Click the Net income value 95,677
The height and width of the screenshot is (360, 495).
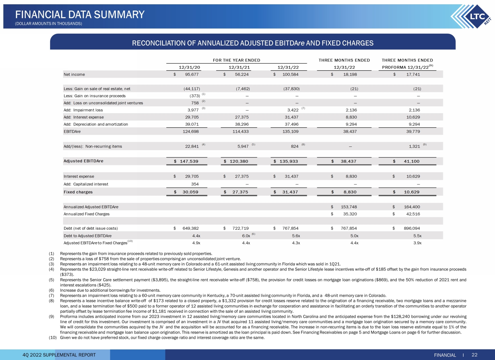point(192,75)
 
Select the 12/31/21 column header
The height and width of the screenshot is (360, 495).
point(239,67)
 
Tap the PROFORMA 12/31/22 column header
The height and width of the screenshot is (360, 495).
point(406,67)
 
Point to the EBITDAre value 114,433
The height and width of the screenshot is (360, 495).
point(241,132)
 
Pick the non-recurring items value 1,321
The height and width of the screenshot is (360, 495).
point(414,147)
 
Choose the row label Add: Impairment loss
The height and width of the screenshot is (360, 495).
point(83,110)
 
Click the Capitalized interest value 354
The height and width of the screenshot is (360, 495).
point(195,184)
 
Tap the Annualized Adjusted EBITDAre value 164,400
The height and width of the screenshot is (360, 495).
point(412,207)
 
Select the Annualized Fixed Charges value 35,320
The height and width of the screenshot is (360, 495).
point(350,214)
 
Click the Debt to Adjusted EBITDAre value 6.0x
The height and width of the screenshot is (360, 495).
point(246,236)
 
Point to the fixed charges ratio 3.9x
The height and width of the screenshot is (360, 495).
point(417,243)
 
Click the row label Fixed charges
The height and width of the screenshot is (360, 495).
point(78,192)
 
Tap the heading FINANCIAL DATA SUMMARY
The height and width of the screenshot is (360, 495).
point(80,15)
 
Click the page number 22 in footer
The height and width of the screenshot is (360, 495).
point(475,355)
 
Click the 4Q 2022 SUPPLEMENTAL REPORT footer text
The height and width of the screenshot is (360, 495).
point(59,355)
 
